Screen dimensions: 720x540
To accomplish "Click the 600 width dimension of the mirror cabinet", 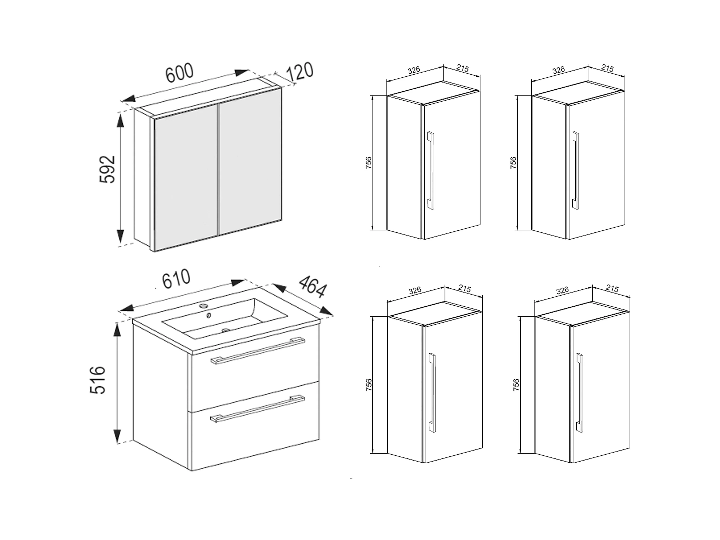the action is (179, 73).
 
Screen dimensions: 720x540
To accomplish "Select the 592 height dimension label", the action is (107, 169).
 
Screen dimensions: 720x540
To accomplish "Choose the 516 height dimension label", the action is (98, 380).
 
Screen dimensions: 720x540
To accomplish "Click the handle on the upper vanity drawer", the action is (258, 350).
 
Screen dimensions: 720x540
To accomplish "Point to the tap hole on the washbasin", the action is (204, 306).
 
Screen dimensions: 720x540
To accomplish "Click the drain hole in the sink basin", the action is (226, 330).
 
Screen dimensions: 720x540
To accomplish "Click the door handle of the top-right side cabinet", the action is (576, 170).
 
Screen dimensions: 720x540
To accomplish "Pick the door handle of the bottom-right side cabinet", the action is (580, 393).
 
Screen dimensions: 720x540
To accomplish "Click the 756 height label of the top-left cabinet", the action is (369, 163).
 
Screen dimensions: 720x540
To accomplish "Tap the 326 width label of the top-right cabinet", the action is (559, 70).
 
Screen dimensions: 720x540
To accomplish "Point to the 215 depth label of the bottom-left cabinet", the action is (464, 289).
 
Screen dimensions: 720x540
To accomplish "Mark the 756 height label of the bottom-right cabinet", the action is (516, 385).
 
